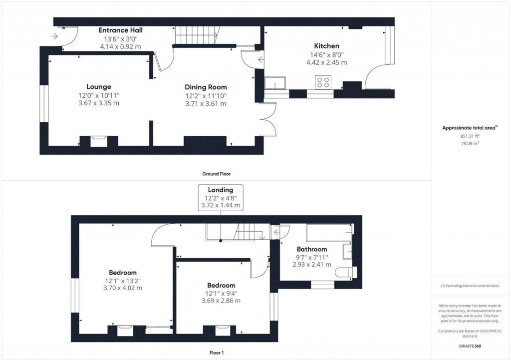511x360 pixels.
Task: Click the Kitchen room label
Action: tap(326, 46)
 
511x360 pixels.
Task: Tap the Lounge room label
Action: tap(98, 86)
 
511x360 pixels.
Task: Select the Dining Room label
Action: tap(206, 87)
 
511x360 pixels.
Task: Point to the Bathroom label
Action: tap(312, 249)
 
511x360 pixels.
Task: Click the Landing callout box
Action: tap(221, 197)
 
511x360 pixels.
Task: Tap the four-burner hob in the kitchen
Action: tap(323, 82)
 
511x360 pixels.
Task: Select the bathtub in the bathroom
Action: tap(327, 233)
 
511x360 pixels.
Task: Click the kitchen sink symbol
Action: tap(275, 82)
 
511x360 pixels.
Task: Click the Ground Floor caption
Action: tap(216, 174)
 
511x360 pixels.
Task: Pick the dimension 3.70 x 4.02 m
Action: tap(122, 288)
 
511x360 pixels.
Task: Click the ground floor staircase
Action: tap(195, 36)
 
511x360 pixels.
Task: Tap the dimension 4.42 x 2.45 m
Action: tap(326, 62)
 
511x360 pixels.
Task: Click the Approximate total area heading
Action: tap(469, 128)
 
